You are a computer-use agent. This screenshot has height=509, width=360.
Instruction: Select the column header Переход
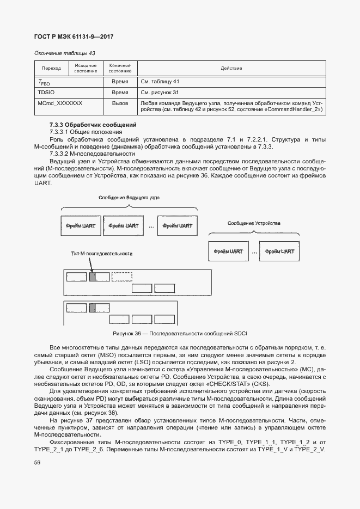click(x=51, y=68)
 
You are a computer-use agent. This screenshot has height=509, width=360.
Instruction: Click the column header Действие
click(x=231, y=68)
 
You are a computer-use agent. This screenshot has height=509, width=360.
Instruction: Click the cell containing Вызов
click(x=119, y=103)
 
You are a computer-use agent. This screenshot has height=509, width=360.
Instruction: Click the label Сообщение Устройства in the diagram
click(x=254, y=224)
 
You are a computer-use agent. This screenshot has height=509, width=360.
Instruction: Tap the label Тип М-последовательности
click(x=102, y=254)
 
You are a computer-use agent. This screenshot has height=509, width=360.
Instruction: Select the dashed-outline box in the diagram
click(x=121, y=277)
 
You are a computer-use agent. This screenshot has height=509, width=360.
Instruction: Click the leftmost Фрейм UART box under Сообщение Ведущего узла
click(x=80, y=225)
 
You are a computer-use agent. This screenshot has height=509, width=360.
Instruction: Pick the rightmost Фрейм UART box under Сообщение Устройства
click(x=280, y=252)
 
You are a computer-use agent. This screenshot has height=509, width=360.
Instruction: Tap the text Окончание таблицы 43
click(x=65, y=53)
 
